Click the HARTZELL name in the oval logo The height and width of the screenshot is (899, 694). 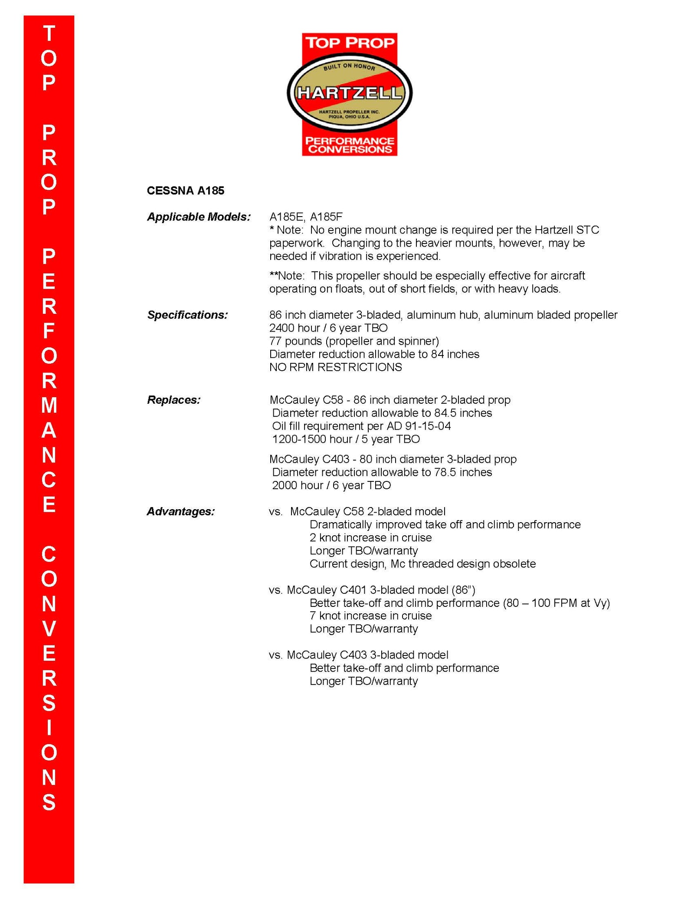click(349, 93)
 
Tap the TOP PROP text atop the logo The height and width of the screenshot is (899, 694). click(350, 43)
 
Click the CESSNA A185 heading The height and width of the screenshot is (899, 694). click(186, 191)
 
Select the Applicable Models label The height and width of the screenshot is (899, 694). click(199, 217)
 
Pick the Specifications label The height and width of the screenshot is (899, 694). click(187, 315)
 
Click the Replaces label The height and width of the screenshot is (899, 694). click(173, 400)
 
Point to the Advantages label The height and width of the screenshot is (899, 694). click(180, 512)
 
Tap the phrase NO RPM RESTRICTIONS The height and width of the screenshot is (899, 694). click(335, 367)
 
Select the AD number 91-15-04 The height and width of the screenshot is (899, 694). click(428, 426)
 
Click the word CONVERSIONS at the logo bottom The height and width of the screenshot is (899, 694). click(350, 150)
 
